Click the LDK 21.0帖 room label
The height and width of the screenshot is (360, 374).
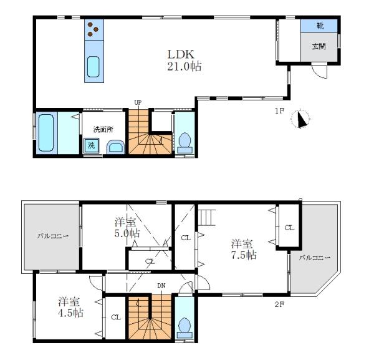point(184,61)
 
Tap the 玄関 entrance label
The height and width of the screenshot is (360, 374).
point(319,46)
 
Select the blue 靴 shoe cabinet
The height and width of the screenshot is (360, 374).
point(319,26)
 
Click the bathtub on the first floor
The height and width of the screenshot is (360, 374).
point(46,132)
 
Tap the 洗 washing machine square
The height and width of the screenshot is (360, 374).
point(91,145)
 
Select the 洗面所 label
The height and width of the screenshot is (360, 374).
point(103,130)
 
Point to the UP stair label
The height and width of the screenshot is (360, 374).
point(138,103)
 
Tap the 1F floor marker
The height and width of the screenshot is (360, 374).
point(279,111)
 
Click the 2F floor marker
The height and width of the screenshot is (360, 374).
point(279,304)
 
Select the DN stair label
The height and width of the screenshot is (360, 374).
point(161,286)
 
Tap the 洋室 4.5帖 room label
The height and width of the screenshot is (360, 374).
point(70,308)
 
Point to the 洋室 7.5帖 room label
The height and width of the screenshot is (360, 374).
point(244,250)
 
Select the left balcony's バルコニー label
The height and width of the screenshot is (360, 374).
point(53,236)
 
